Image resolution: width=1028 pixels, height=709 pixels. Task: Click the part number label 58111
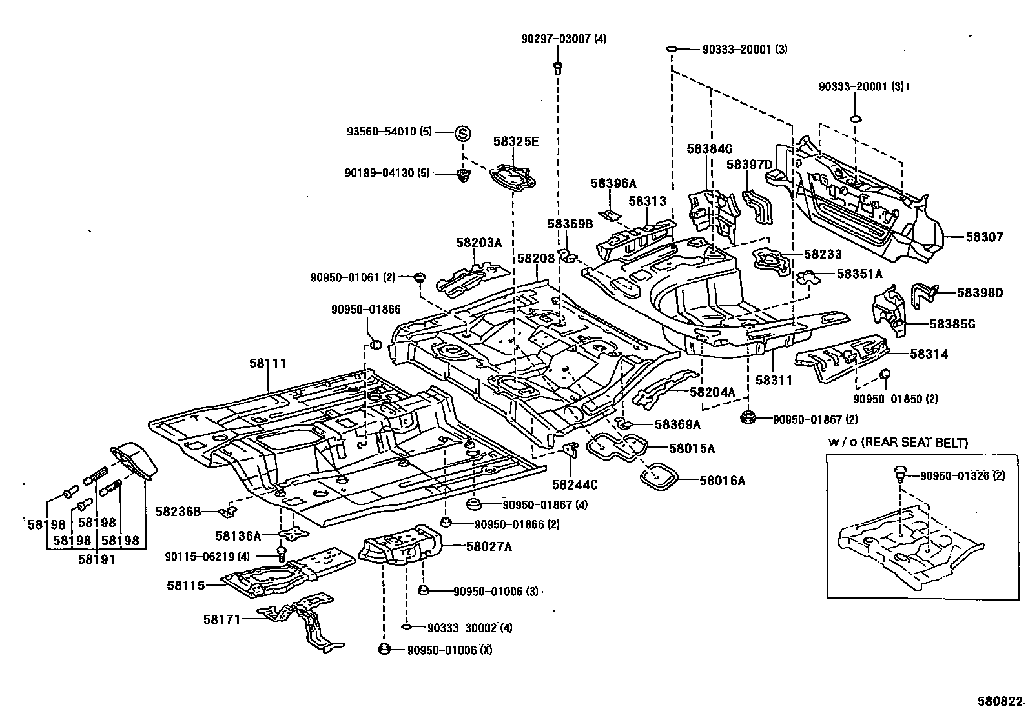(267, 364)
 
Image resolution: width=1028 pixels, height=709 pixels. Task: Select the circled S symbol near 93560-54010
(462, 134)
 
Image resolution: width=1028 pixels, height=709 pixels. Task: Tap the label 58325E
(515, 142)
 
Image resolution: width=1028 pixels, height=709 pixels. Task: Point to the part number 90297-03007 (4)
(564, 39)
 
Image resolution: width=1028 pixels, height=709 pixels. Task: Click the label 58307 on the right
(985, 237)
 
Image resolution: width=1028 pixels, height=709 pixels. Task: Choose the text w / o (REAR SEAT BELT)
(898, 443)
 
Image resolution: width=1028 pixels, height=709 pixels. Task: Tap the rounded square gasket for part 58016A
(658, 478)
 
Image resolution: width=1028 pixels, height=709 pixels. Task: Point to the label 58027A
(489, 546)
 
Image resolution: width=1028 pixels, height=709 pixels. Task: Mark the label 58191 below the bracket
(96, 559)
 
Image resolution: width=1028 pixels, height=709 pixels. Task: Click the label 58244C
(575, 484)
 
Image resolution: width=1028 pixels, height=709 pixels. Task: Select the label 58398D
(980, 293)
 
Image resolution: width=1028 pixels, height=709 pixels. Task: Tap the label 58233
(823, 255)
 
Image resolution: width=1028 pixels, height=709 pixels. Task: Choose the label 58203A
(478, 243)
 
